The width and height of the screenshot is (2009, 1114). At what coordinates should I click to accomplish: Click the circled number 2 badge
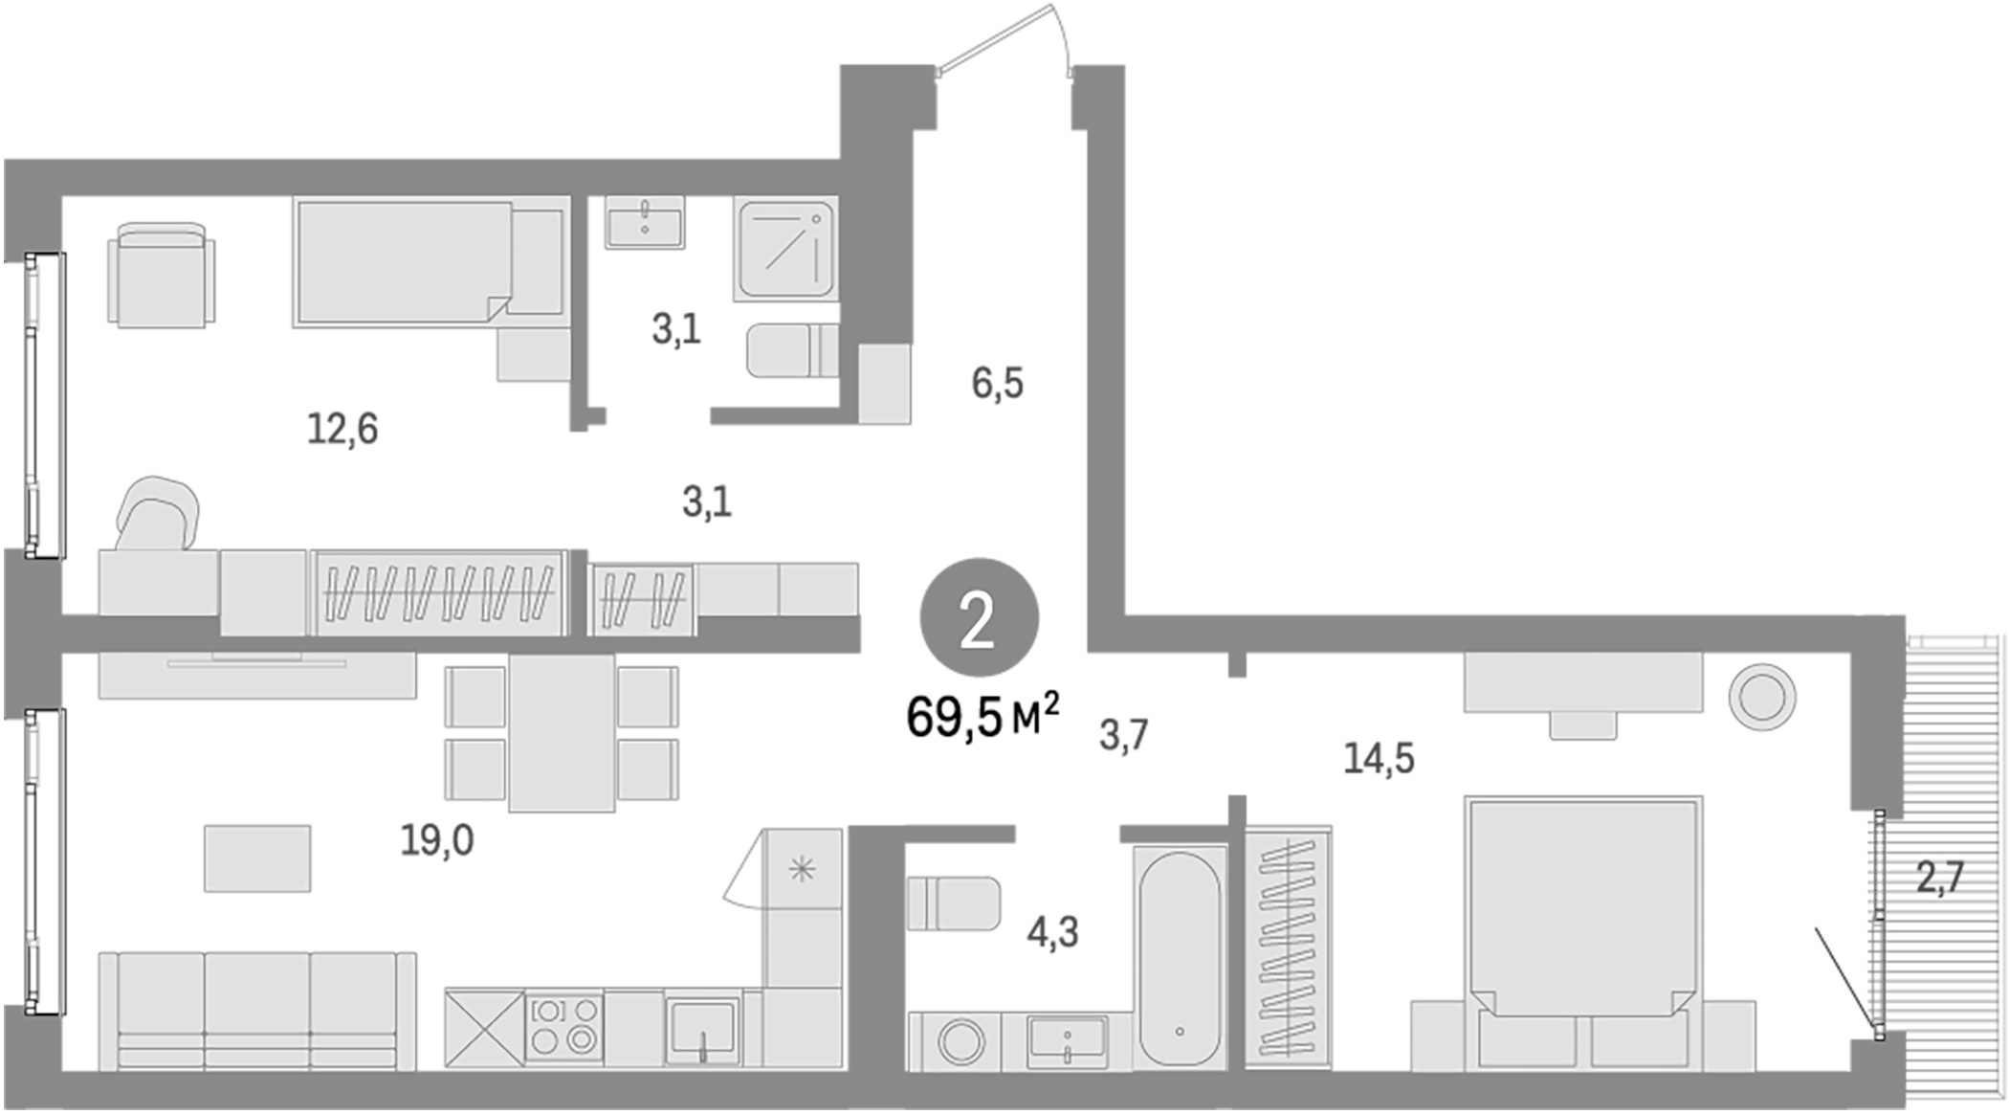(x=979, y=619)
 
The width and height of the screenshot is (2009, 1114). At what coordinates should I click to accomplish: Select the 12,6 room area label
(x=342, y=429)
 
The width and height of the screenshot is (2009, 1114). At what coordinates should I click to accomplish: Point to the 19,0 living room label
(x=436, y=840)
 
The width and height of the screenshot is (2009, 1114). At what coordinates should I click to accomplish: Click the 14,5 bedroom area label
(x=1379, y=758)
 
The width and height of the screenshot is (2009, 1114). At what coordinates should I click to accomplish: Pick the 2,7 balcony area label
(x=1940, y=877)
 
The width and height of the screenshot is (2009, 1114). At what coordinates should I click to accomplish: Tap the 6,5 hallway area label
(x=998, y=384)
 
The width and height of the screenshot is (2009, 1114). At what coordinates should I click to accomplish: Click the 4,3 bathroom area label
(x=1052, y=931)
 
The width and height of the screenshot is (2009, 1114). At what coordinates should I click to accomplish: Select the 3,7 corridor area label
(x=1123, y=735)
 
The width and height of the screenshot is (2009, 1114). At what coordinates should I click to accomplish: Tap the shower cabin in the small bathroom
(x=785, y=248)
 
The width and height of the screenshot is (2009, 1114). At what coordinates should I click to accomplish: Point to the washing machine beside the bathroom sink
(x=960, y=1041)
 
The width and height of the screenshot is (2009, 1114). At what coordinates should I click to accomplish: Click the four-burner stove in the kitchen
(x=564, y=1026)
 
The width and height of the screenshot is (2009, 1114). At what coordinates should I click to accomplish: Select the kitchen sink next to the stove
(x=702, y=1030)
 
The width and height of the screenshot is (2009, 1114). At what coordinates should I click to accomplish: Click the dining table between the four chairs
(x=562, y=733)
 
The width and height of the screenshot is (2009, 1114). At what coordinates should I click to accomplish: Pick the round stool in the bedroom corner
(x=1761, y=696)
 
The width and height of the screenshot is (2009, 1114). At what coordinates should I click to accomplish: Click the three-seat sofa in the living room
(x=257, y=1011)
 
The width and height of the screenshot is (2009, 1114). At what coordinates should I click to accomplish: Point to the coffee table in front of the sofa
(x=257, y=858)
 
